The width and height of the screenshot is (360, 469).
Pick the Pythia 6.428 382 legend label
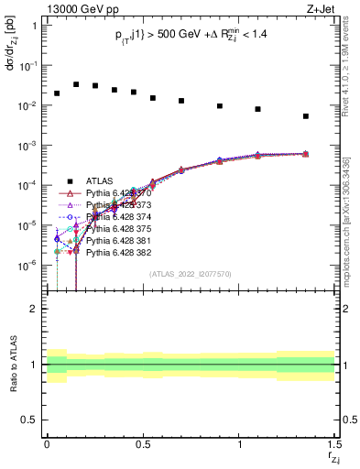click(x=117, y=252)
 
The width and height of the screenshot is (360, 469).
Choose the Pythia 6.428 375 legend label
click(x=117, y=228)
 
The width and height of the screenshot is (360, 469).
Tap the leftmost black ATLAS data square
click(x=57, y=93)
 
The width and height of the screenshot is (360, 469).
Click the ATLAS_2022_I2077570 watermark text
click(x=190, y=273)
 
